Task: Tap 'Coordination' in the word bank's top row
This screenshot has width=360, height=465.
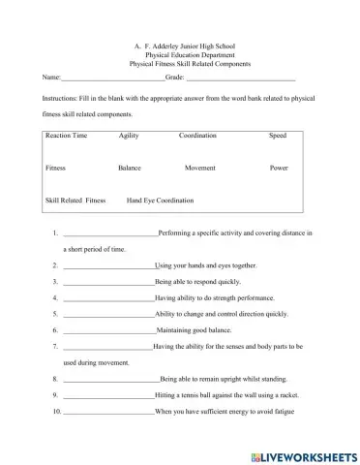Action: click(197, 136)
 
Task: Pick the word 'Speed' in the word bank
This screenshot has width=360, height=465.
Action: click(278, 136)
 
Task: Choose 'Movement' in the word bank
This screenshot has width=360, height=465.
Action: click(199, 168)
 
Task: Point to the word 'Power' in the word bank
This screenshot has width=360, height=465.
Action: click(279, 168)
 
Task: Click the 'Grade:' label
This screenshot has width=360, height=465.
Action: click(175, 76)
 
